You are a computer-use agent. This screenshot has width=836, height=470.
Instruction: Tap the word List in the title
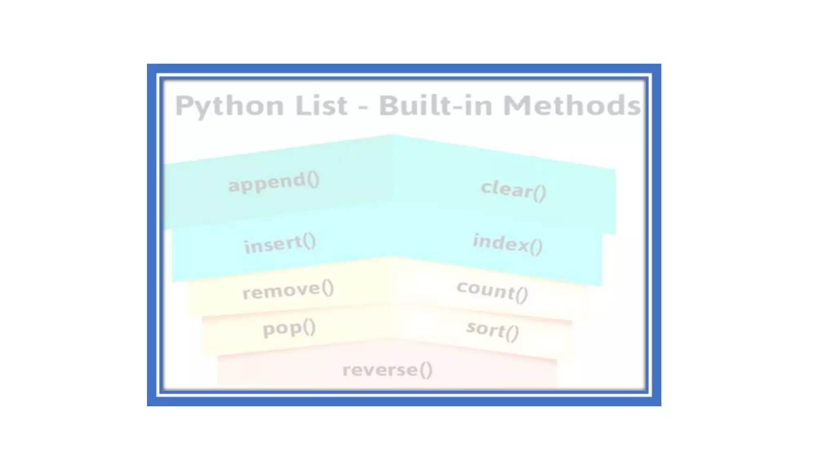tap(321, 105)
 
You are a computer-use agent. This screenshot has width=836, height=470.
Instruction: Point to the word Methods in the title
tap(571, 105)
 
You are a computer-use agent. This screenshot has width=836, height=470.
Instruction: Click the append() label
tap(274, 182)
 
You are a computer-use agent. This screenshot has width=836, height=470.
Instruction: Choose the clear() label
tap(514, 190)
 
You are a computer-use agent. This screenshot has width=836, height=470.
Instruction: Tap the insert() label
tap(280, 244)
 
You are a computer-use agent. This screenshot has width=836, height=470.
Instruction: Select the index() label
tap(508, 244)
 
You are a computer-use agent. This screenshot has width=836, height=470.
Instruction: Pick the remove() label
tap(288, 290)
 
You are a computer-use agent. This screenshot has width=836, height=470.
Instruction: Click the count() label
tap(492, 291)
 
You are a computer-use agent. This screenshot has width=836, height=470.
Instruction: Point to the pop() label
tap(289, 328)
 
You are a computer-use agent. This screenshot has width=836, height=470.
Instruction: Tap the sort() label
tap(493, 330)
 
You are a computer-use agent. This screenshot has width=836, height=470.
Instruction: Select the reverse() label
tap(387, 370)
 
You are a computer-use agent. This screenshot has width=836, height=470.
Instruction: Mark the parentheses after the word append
tap(313, 180)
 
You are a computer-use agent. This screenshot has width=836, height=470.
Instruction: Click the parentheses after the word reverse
tap(426, 370)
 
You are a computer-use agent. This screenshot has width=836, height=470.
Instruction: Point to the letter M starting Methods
tap(515, 105)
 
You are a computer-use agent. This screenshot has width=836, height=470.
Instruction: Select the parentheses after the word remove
tap(327, 288)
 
